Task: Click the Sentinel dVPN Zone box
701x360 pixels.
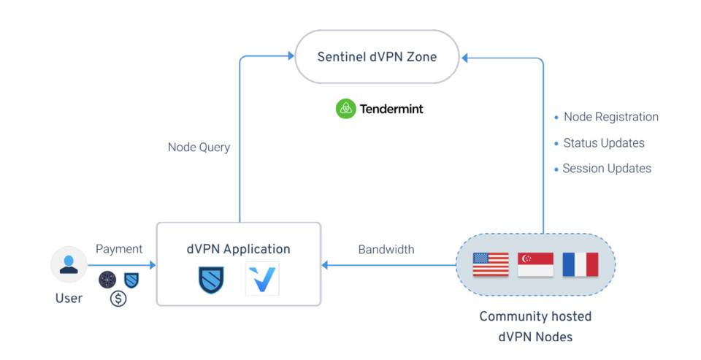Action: [377, 56]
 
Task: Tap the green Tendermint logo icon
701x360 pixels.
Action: [345, 109]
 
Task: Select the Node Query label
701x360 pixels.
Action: [199, 148]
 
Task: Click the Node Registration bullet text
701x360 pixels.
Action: [610, 117]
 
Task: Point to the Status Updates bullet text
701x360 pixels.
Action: [603, 142]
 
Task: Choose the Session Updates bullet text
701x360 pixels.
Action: [606, 168]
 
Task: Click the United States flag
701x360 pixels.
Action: [491, 264]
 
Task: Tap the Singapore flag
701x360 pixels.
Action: [535, 264]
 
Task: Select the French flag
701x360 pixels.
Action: [580, 264]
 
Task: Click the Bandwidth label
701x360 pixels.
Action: [386, 250]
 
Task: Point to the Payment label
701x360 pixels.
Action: [119, 249]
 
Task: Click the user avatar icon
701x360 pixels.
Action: [69, 264]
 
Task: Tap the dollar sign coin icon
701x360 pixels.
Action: [118, 298]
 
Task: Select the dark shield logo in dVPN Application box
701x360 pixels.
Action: [211, 280]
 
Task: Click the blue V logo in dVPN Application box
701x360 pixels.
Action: [262, 280]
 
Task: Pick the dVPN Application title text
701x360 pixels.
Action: [238, 249]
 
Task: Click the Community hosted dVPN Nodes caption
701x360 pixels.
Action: [535, 326]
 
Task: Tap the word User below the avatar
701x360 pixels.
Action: [69, 298]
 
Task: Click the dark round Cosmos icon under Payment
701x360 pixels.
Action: [107, 279]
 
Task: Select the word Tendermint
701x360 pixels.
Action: [391, 110]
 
